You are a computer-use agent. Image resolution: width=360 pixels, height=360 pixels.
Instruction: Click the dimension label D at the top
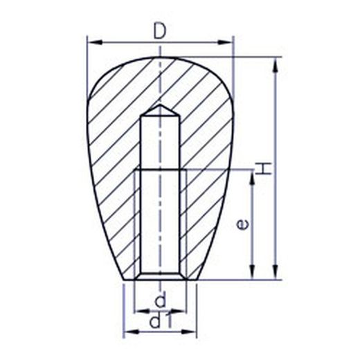click(x=160, y=31)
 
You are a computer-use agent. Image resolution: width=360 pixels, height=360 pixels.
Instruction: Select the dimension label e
click(x=243, y=224)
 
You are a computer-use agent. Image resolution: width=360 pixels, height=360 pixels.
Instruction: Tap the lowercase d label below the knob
click(x=161, y=300)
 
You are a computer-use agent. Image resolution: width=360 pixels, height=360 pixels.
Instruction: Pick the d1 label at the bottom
click(x=161, y=321)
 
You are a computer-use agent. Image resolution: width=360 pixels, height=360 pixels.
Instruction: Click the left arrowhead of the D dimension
click(x=95, y=42)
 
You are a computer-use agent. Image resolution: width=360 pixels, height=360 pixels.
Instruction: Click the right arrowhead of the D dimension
click(x=225, y=42)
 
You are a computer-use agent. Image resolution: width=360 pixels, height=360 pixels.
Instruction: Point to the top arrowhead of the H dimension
click(x=275, y=64)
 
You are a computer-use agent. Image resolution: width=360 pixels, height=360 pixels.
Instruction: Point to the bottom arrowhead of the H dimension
click(x=275, y=272)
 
